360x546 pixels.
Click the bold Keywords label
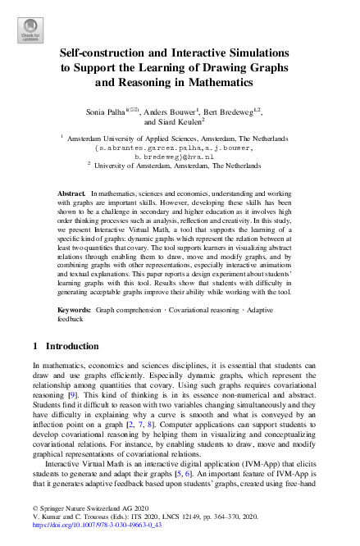(x=75, y=311)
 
